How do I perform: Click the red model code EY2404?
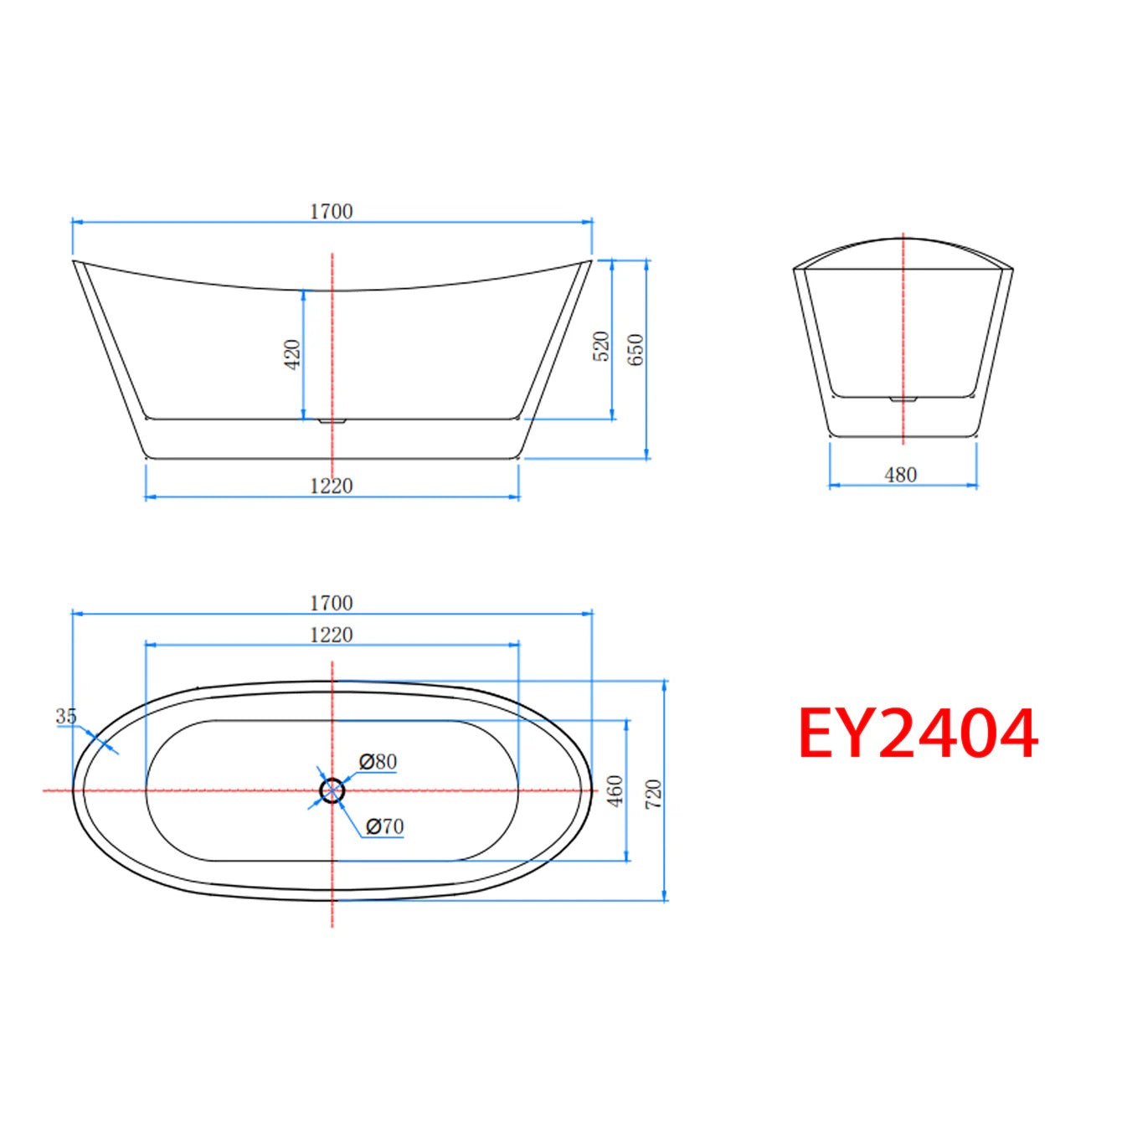(x=918, y=735)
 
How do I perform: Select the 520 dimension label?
(x=601, y=347)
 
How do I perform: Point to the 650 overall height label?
(x=636, y=349)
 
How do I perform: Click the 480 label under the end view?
(x=901, y=475)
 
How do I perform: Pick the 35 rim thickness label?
(x=66, y=717)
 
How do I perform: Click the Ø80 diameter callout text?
(x=378, y=762)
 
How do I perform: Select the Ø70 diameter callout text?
(x=385, y=826)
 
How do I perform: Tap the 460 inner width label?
(x=616, y=791)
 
